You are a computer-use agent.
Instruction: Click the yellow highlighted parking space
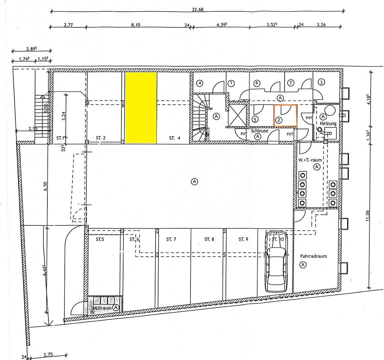(141, 108)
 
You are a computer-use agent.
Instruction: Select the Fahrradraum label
(313, 256)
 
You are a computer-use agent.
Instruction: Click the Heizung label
(328, 123)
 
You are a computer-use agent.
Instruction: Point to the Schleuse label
(260, 131)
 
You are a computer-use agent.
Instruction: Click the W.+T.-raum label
(310, 160)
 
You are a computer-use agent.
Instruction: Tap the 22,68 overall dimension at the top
(198, 9)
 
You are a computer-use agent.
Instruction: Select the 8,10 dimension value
(136, 25)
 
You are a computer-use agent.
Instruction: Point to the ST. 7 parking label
(171, 239)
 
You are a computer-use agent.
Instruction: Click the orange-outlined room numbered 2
(285, 115)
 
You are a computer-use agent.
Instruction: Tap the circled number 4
(200, 83)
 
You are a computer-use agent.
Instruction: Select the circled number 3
(321, 82)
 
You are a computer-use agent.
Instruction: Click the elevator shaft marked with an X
(237, 115)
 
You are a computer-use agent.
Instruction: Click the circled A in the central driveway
(195, 181)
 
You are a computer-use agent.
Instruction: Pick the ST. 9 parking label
(244, 239)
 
